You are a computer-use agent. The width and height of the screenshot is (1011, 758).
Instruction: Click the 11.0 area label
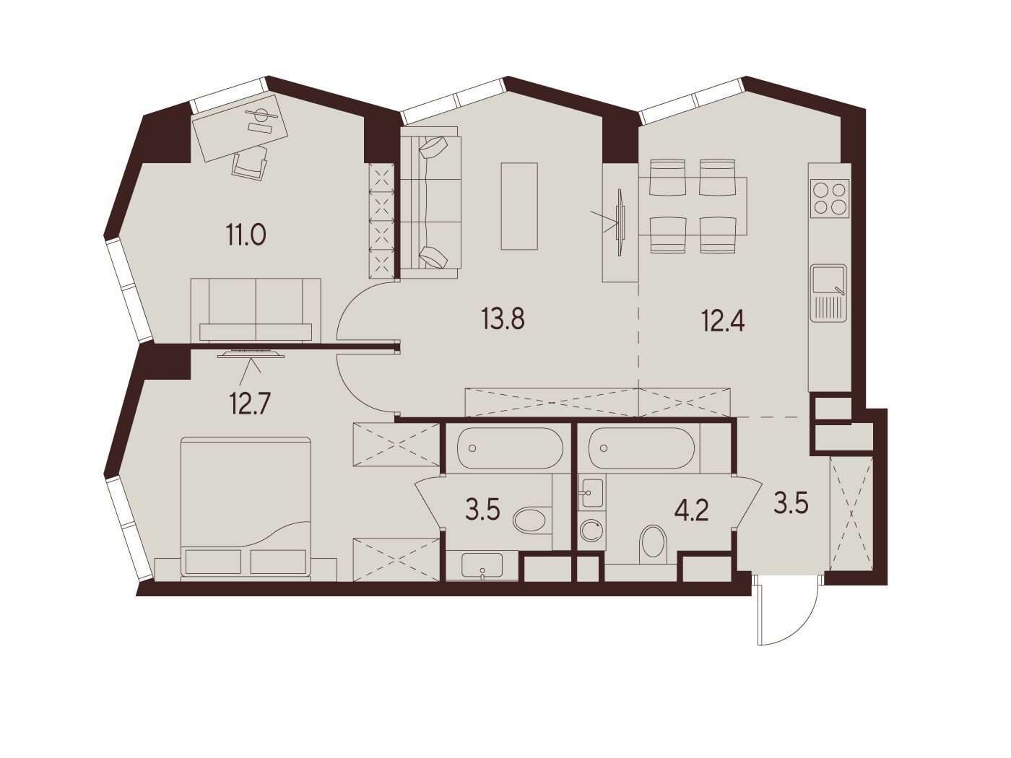pos(246,236)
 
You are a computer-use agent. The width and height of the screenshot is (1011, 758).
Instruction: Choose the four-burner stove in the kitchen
pos(830,198)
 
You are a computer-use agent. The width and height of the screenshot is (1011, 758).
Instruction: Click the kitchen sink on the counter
pos(828,293)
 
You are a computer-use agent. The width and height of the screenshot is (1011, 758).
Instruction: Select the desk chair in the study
pos(250,163)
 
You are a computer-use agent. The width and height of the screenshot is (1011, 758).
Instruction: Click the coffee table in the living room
pos(519,206)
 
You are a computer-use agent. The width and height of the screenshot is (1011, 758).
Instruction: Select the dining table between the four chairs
pos(693,206)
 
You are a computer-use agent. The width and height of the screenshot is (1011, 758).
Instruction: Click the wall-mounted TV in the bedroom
pos(251,354)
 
